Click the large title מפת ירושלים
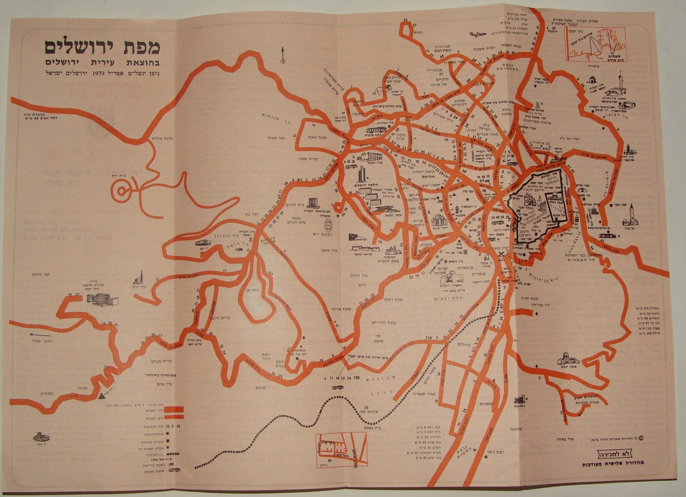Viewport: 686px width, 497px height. point(103,47)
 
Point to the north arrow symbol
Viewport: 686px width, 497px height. point(282,55)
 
